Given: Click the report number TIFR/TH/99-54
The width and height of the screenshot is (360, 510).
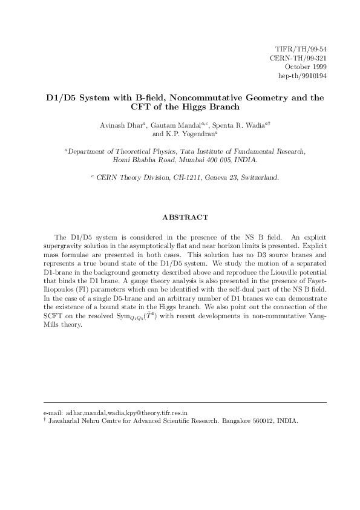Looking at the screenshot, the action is click(301, 48).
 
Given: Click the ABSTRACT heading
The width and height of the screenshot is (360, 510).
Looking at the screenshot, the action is click(186, 217).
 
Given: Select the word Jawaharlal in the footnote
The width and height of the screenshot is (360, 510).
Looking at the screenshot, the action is click(67, 420).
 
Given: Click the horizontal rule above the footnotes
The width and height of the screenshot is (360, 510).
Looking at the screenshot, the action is click(186, 402).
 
